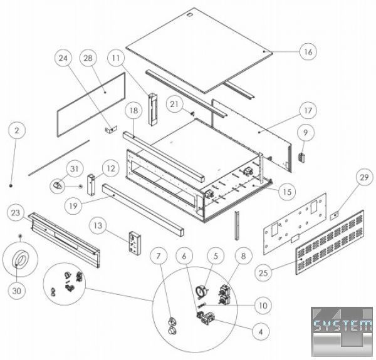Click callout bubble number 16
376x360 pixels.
(307, 51)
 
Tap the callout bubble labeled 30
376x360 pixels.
(19, 291)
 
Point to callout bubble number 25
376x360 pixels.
(263, 273)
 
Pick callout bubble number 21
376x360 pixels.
(175, 103)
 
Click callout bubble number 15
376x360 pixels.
(286, 189)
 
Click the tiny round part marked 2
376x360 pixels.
(13, 185)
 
